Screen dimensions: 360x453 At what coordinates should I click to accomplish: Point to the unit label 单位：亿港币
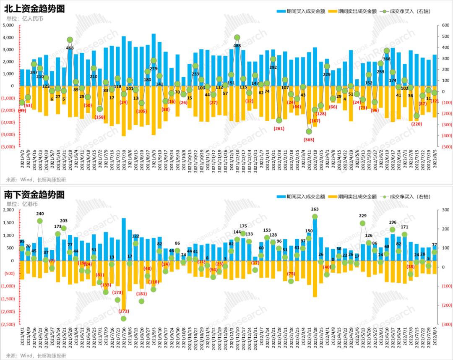click(x=22, y=204)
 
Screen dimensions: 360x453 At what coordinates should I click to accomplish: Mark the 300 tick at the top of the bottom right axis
click(x=443, y=210)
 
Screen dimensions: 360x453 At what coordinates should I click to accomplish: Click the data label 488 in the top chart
click(x=237, y=45)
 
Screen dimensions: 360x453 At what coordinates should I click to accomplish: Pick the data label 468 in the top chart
click(x=70, y=48)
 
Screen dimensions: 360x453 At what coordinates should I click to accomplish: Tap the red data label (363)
click(x=309, y=139)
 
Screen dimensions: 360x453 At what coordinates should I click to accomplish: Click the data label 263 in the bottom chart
click(x=315, y=209)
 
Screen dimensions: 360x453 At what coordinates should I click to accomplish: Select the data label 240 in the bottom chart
click(x=40, y=213)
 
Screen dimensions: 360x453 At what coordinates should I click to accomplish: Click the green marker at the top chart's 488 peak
click(x=237, y=38)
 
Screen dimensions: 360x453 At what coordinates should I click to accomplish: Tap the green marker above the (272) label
click(x=123, y=318)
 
